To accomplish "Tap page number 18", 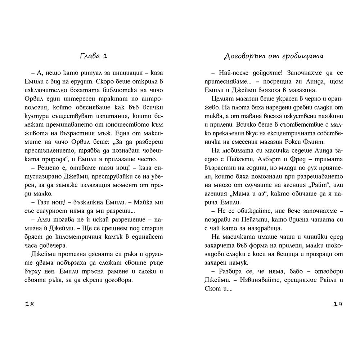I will point(30,303).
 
